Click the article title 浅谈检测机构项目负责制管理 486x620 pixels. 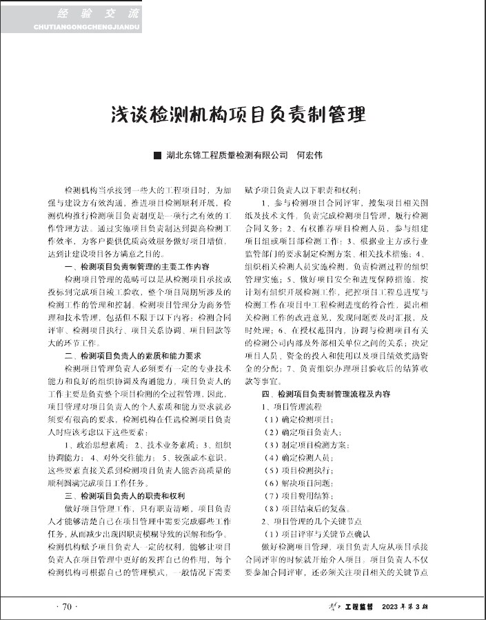click(239, 114)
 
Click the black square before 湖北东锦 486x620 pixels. click(156, 156)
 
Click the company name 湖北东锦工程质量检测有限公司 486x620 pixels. click(227, 156)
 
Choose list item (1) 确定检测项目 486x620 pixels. click(290, 419)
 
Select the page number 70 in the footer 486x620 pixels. click(67, 607)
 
